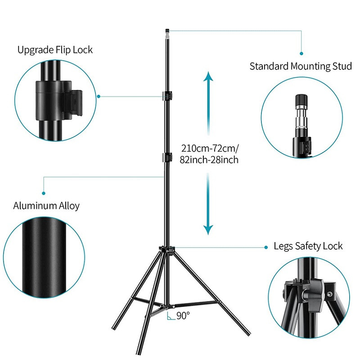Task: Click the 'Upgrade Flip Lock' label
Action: [55, 50]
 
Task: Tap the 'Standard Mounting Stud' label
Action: [301, 66]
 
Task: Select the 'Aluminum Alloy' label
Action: [46, 206]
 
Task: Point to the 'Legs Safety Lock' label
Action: [308, 246]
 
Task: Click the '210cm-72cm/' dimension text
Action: [210, 148]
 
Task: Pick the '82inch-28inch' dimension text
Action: [209, 160]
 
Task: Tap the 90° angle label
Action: [183, 316]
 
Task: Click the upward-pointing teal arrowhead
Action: [208, 76]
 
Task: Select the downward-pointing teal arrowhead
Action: [208, 230]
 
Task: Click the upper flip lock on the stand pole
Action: [167, 96]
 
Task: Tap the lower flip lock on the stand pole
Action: [167, 157]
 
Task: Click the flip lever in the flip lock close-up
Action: [73, 104]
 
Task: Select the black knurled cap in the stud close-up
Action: [301, 99]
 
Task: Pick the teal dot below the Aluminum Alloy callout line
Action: [44, 193]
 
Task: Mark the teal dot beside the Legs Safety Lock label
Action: [266, 247]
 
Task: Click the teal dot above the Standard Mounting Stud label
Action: [301, 54]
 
